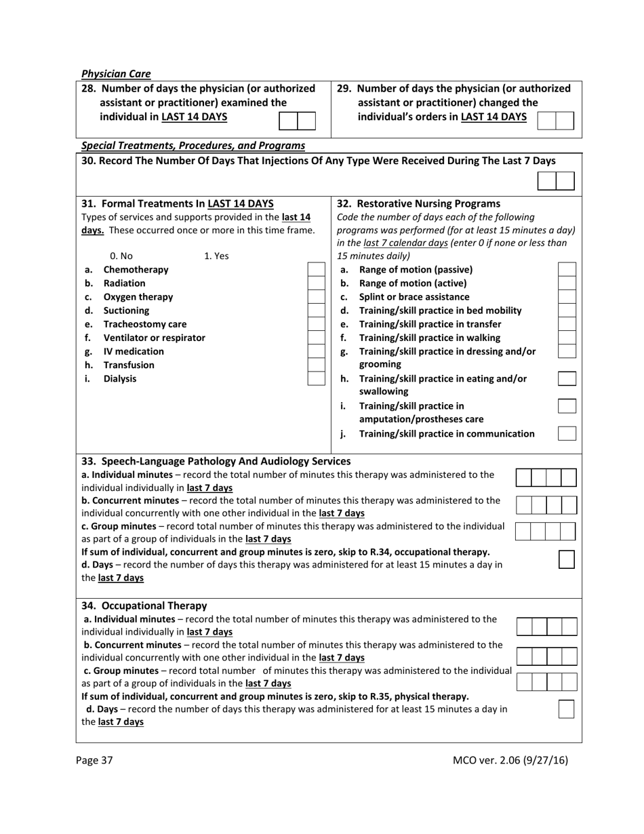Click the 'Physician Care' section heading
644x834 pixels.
click(x=116, y=74)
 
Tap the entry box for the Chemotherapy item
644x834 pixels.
click(x=316, y=270)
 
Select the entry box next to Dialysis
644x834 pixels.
click(x=316, y=378)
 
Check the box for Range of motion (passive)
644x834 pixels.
click(x=567, y=270)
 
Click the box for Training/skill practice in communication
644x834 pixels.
click(x=567, y=433)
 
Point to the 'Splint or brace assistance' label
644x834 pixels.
click(x=414, y=297)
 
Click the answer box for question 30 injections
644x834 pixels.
click(x=556, y=181)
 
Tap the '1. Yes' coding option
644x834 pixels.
click(x=216, y=256)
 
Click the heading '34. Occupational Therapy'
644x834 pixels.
click(x=144, y=605)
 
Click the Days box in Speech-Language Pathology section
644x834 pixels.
click(x=567, y=559)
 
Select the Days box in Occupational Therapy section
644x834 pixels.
click(x=566, y=709)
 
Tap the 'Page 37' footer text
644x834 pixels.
click(x=94, y=760)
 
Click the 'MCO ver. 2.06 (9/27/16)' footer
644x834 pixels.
click(x=510, y=760)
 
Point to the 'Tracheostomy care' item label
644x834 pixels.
click(x=144, y=324)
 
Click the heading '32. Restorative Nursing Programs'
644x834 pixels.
click(x=418, y=203)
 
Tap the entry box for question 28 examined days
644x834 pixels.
click(x=298, y=121)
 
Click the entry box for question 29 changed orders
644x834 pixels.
click(x=555, y=121)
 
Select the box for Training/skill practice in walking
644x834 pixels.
click(x=567, y=338)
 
